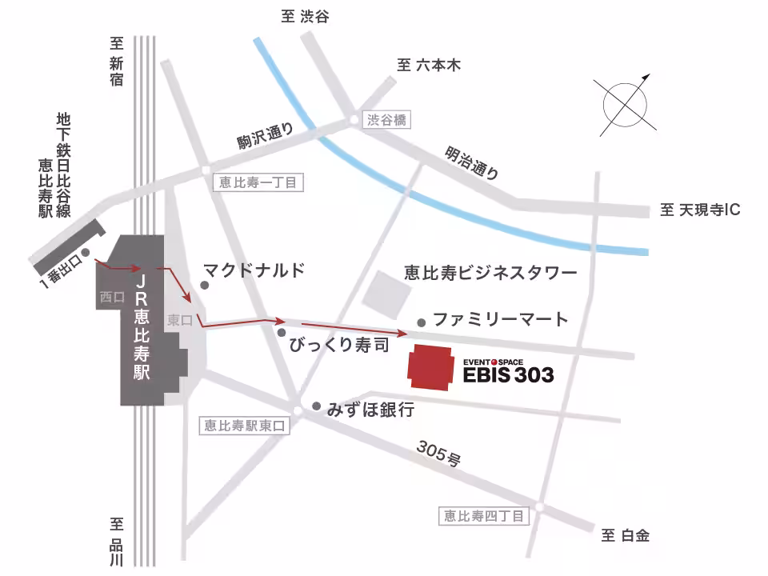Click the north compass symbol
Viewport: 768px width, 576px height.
coord(624,104)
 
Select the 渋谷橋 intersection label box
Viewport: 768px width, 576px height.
coord(387,120)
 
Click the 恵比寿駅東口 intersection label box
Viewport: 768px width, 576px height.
coord(243,426)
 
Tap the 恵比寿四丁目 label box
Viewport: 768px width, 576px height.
coord(485,516)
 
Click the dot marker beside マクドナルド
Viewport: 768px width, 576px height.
coord(205,286)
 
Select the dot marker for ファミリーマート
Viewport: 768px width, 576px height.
coord(422,322)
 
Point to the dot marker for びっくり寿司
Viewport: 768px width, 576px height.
coord(282,331)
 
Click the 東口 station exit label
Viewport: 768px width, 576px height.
coord(178,319)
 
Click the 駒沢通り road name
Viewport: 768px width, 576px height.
coord(266,138)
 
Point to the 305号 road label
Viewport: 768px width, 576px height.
coord(438,454)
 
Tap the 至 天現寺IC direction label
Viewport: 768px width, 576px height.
coord(700,210)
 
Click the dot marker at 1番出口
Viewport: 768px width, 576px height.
coord(86,253)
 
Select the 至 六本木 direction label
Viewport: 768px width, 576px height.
coord(429,66)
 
